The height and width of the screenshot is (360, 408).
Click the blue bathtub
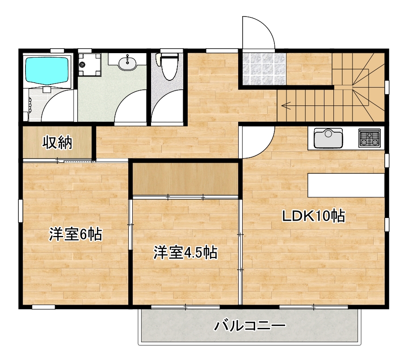click(47, 70)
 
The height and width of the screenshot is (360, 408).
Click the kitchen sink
click(328, 138)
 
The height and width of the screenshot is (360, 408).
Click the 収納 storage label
click(57, 142)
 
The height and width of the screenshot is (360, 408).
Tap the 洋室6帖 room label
click(76, 234)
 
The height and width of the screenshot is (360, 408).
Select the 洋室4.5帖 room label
click(185, 253)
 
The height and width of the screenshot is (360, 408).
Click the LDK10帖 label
click(313, 216)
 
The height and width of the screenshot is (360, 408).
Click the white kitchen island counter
click(346, 185)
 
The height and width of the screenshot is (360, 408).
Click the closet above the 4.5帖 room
click(185, 178)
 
